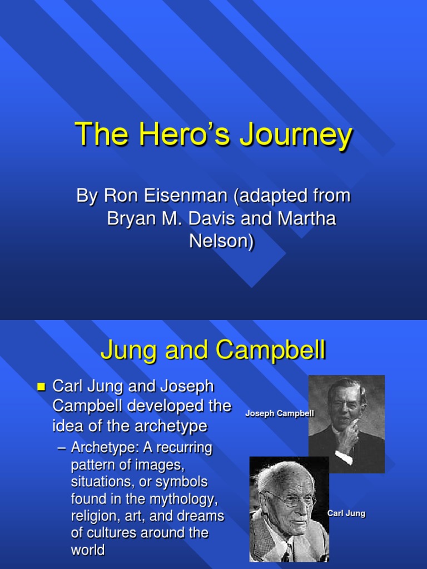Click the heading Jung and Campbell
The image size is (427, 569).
tap(213, 351)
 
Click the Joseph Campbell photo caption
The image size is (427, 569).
tap(280, 414)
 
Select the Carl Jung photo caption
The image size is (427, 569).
tap(346, 513)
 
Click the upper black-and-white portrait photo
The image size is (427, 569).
tap(346, 424)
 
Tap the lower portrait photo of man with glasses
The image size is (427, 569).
tap(289, 509)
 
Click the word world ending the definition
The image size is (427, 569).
tap(88, 550)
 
